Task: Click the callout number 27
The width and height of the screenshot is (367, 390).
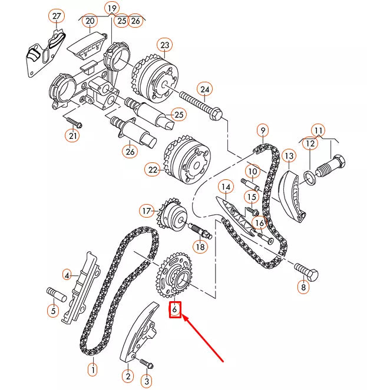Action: tap(56, 16)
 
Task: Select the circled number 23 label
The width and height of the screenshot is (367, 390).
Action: tap(164, 45)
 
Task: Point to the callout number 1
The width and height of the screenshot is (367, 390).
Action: tap(92, 371)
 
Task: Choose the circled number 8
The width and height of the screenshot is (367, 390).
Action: tap(303, 288)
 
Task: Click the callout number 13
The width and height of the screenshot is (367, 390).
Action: tap(288, 156)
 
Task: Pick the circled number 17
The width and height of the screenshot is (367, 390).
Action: tap(147, 210)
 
